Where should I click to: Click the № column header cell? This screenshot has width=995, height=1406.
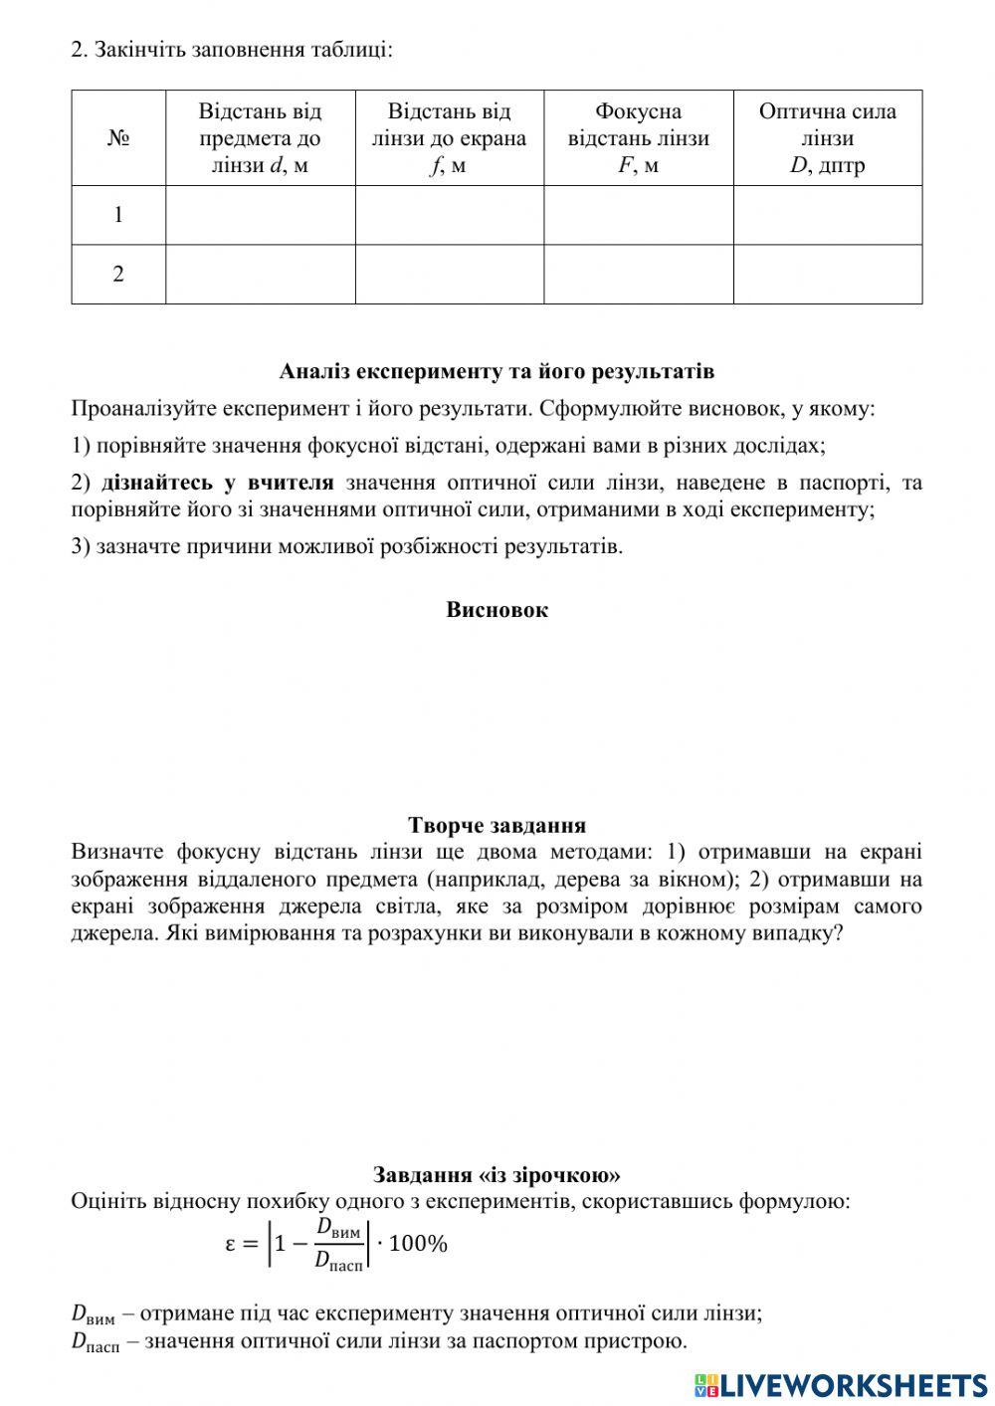click(x=118, y=138)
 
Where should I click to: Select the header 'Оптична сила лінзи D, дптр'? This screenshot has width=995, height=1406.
click(x=827, y=138)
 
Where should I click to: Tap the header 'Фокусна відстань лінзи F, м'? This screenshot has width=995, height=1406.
click(x=638, y=138)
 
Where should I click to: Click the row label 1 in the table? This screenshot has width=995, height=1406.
click(x=118, y=215)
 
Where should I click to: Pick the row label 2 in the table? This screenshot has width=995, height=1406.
click(x=118, y=275)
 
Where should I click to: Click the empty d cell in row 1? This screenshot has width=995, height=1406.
click(x=260, y=215)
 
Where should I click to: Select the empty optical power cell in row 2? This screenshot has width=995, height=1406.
click(x=827, y=275)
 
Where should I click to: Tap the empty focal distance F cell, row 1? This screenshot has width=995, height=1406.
click(x=638, y=215)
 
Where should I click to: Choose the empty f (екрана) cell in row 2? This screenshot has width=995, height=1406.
click(x=449, y=275)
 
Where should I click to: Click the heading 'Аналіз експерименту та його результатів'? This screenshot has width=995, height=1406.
click(x=497, y=372)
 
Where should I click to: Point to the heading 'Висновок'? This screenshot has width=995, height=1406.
click(x=497, y=610)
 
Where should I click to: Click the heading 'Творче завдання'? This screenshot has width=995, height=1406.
click(x=497, y=825)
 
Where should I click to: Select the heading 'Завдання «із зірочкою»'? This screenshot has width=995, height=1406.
click(x=497, y=1174)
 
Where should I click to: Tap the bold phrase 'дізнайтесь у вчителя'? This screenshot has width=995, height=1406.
click(x=217, y=483)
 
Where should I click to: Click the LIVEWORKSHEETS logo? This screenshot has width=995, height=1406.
click(x=841, y=1384)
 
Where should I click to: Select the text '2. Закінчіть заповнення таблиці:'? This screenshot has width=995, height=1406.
click(x=232, y=49)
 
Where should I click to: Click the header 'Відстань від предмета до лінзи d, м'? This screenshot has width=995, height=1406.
click(x=260, y=138)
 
